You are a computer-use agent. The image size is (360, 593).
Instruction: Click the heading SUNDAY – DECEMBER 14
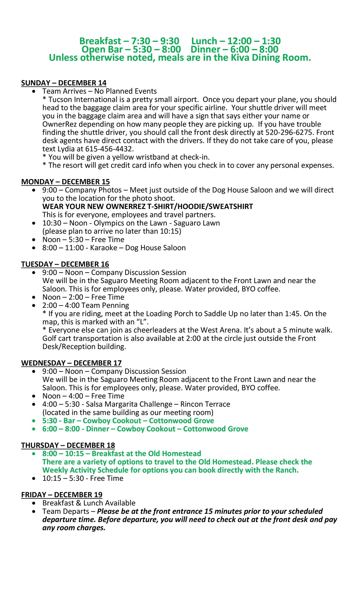point(64,83)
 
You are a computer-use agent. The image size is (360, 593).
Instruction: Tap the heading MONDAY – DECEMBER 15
point(65,182)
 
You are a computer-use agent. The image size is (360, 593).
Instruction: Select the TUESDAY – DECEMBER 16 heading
point(65,264)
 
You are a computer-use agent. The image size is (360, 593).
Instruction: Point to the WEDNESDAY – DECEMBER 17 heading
point(71,363)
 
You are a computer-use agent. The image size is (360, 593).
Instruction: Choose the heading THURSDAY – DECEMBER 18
point(68,445)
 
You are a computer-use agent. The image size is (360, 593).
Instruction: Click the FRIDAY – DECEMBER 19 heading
point(62,495)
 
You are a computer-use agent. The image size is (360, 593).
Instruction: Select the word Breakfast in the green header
point(100,41)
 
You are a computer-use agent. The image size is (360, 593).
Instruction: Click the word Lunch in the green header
point(204,41)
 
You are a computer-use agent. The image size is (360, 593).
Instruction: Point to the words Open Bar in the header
point(102,50)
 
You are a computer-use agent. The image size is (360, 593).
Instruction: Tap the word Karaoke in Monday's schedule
point(104,248)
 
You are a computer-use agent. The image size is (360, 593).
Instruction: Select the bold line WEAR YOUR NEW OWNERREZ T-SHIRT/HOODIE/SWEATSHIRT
point(148,206)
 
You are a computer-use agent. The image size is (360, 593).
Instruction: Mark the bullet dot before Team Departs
point(33,511)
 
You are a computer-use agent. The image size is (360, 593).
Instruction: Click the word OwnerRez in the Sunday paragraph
point(59,124)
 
